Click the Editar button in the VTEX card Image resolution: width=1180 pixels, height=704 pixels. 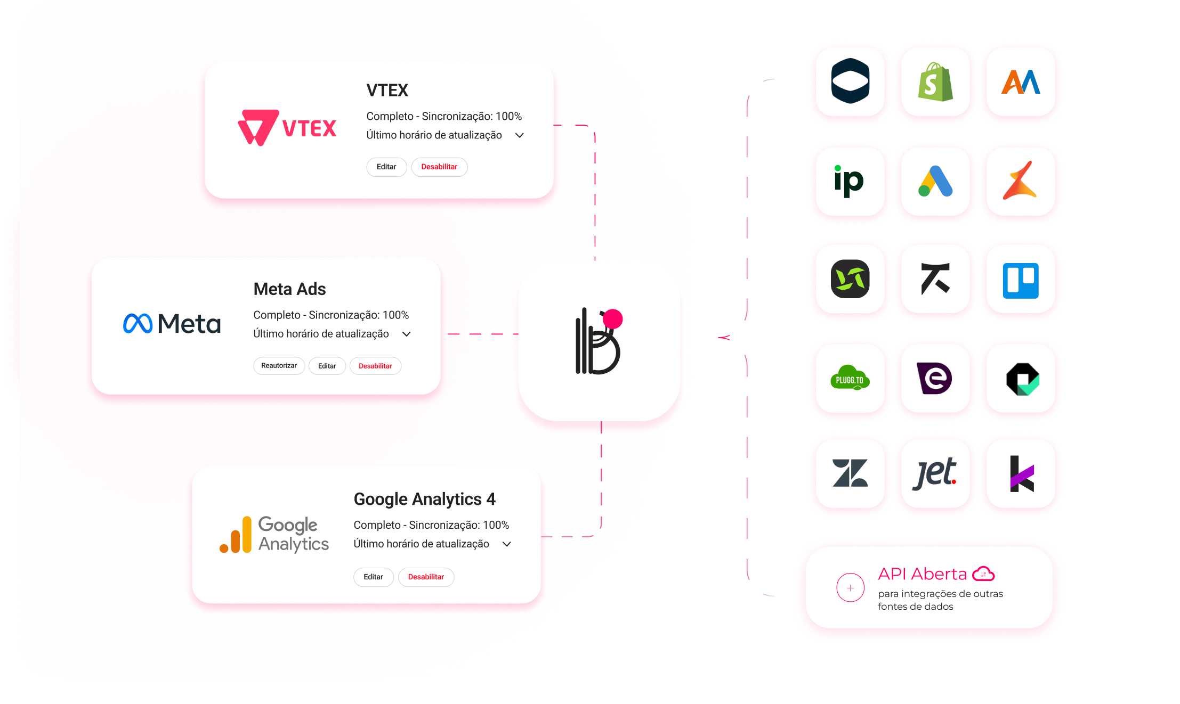[386, 167]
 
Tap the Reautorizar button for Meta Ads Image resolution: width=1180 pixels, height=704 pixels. [279, 366]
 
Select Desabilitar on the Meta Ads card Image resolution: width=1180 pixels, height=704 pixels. [375, 366]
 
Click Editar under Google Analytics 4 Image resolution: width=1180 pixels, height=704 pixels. [373, 577]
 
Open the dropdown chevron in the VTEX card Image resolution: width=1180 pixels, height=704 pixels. [520, 135]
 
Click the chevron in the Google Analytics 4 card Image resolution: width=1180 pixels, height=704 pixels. [507, 544]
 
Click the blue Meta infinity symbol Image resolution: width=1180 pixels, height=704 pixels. [138, 324]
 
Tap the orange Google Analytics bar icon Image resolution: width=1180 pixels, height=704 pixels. [236, 535]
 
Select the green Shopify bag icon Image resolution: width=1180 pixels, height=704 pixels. [935, 82]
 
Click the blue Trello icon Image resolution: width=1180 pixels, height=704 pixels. [1021, 280]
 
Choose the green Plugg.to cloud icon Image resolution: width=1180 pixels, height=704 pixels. [850, 379]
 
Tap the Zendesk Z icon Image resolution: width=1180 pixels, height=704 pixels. [850, 473]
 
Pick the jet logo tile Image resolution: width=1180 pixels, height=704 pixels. [935, 473]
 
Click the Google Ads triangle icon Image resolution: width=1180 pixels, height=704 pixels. [935, 182]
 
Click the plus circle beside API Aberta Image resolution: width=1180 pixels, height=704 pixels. [850, 587]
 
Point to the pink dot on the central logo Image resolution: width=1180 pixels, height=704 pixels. [612, 318]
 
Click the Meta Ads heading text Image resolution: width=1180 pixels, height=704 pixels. [289, 289]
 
